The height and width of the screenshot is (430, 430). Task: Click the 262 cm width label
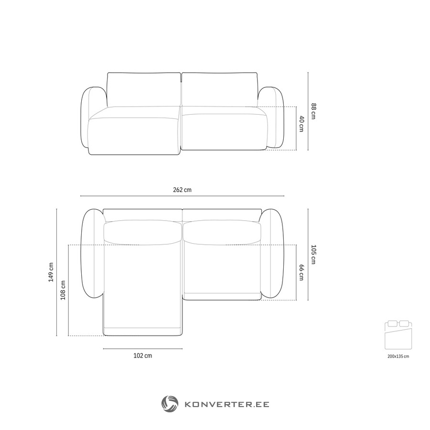(x=182, y=190)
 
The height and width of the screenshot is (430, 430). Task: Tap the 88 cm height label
(x=313, y=111)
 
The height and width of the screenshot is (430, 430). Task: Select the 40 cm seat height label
(x=301, y=124)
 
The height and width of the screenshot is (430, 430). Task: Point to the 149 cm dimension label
(x=51, y=272)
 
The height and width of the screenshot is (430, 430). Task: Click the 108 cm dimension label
(x=63, y=290)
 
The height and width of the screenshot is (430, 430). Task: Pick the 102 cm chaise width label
(x=142, y=355)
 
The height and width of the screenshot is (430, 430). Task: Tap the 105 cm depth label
(x=313, y=255)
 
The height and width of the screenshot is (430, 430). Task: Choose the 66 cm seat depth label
(x=301, y=272)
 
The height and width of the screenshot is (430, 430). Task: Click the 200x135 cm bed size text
(x=398, y=356)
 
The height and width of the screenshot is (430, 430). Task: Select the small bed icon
(x=398, y=335)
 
